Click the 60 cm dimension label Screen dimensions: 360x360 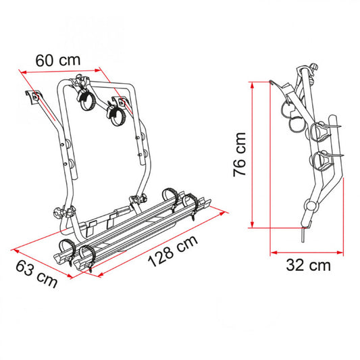(58, 60)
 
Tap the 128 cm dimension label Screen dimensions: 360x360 (172, 251)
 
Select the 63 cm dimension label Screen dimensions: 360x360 (36, 274)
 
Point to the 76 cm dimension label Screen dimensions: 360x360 (240, 155)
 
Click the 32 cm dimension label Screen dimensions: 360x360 (308, 265)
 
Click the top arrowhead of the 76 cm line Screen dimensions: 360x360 (253, 85)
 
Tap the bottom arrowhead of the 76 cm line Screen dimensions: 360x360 (253, 224)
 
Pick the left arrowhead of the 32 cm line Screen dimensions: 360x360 (274, 253)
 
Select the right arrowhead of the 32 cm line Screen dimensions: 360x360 (340, 253)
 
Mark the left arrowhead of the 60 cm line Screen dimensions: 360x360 (24, 72)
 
